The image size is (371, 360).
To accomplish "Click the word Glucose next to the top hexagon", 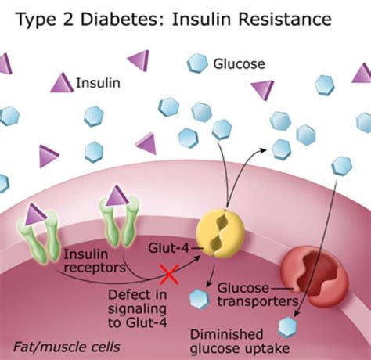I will tap(239, 63).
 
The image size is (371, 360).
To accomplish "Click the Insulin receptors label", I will tap(85, 261).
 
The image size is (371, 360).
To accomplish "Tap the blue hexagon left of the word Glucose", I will tap(197, 63).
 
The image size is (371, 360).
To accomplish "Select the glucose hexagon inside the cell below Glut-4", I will tap(200, 297).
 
